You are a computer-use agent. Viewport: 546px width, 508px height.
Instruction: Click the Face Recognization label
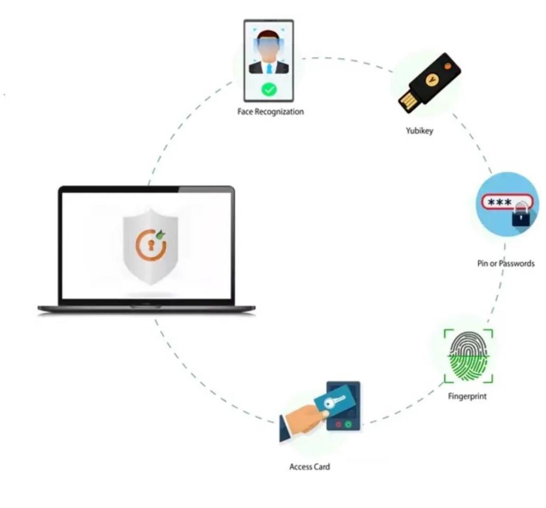[270, 112]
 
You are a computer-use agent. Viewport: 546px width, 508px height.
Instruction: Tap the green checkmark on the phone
[269, 90]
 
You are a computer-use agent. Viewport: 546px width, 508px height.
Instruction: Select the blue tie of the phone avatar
[269, 68]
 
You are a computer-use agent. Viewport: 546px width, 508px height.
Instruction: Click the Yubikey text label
[419, 131]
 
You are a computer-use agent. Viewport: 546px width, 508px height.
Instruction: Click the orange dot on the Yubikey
[448, 66]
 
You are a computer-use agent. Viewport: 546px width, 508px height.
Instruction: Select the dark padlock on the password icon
[521, 216]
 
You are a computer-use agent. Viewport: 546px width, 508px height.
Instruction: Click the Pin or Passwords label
[506, 263]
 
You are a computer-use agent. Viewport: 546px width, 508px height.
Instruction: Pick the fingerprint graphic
[468, 356]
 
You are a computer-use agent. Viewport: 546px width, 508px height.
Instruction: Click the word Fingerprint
[467, 396]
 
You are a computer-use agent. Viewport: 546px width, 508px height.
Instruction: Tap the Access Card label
[309, 467]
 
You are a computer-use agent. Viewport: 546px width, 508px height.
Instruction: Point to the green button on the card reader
[348, 424]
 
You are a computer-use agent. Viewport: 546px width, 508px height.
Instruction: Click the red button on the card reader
[338, 424]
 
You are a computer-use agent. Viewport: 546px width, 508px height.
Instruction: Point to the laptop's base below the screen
[146, 309]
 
